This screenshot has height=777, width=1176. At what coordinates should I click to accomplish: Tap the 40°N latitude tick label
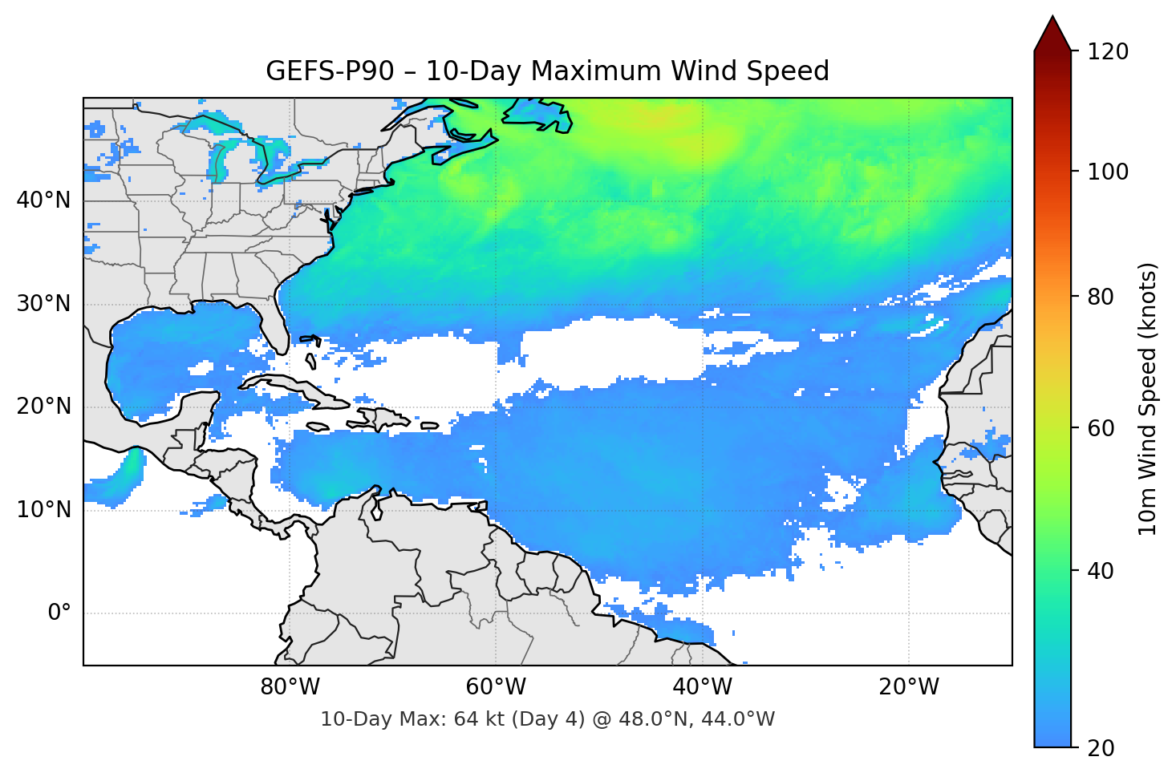(43, 200)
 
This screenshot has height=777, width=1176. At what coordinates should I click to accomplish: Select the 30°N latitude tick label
(43, 304)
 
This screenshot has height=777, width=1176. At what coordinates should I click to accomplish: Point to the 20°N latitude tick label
(43, 407)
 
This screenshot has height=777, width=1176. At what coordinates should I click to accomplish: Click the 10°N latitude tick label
(43, 510)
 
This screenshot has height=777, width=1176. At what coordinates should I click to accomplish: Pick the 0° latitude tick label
(59, 613)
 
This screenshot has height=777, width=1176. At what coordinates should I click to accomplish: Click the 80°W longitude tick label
(290, 687)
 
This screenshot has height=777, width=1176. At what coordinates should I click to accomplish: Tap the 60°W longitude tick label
(496, 687)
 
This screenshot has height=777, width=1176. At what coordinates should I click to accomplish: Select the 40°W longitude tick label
(702, 687)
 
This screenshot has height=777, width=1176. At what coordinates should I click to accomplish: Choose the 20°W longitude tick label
(908, 687)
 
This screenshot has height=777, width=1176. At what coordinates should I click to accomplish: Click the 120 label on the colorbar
(1108, 51)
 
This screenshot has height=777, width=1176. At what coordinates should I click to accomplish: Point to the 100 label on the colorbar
(1108, 172)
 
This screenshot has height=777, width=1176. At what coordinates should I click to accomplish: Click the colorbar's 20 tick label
(1101, 748)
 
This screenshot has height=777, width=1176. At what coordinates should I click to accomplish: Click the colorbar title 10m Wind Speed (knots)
(1148, 399)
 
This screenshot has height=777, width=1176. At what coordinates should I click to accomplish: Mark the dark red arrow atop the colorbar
(1052, 34)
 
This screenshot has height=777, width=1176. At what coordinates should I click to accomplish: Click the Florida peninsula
(273, 325)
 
